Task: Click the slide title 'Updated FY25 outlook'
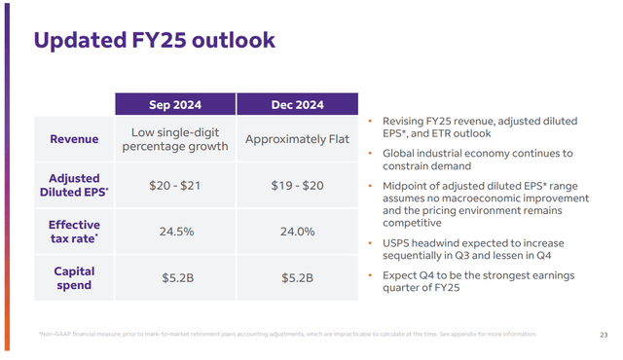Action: tap(154, 40)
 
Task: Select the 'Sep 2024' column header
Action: tap(175, 105)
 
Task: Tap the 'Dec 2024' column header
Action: tap(298, 105)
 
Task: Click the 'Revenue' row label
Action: tap(75, 139)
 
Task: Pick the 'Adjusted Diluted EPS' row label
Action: tap(75, 185)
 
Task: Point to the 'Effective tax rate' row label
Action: tap(75, 232)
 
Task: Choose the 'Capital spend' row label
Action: tap(75, 277)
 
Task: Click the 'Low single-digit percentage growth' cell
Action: tap(175, 139)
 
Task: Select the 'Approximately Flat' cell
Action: tap(298, 139)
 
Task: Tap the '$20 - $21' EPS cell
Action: tap(175, 185)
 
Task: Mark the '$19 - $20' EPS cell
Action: tap(298, 185)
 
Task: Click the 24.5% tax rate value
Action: tap(175, 232)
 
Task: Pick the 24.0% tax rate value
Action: tap(298, 232)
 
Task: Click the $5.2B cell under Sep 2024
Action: tap(175, 277)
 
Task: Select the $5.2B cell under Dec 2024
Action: tap(298, 277)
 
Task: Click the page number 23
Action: tap(604, 335)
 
